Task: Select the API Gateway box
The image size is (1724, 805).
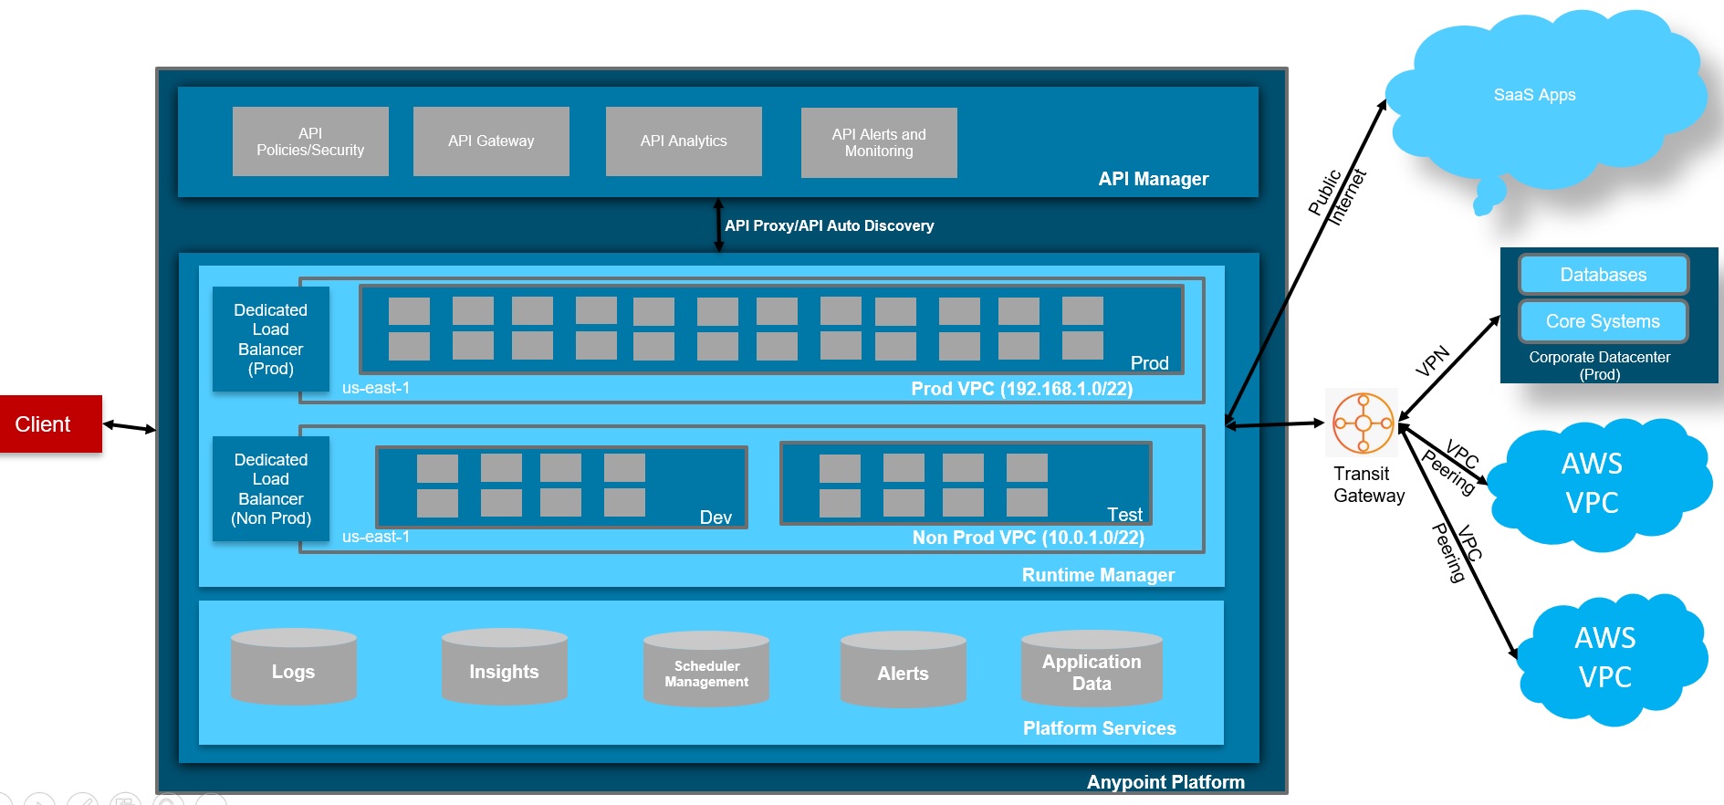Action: (491, 141)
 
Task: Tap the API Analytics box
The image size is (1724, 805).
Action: (684, 141)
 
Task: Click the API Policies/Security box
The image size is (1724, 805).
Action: (310, 141)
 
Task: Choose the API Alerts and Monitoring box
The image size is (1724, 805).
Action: (879, 142)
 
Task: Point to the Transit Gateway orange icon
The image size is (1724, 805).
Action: (1363, 423)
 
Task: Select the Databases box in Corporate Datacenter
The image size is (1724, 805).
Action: (1604, 275)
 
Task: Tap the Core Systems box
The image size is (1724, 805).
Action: (1603, 321)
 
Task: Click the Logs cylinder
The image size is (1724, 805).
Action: (293, 671)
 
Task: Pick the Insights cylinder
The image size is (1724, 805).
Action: (504, 671)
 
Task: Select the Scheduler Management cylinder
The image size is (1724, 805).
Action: (706, 673)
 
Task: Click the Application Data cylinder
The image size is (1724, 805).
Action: (1092, 672)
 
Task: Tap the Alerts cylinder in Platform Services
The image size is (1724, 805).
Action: (903, 673)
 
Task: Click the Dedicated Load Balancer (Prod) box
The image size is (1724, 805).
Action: (271, 339)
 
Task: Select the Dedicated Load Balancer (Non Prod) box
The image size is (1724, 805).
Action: (271, 488)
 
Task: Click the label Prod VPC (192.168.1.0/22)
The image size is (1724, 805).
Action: (1021, 389)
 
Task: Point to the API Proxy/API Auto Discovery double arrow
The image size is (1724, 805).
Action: (718, 225)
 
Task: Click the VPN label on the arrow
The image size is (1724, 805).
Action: (1433, 361)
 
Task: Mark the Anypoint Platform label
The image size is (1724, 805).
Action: (1165, 782)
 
